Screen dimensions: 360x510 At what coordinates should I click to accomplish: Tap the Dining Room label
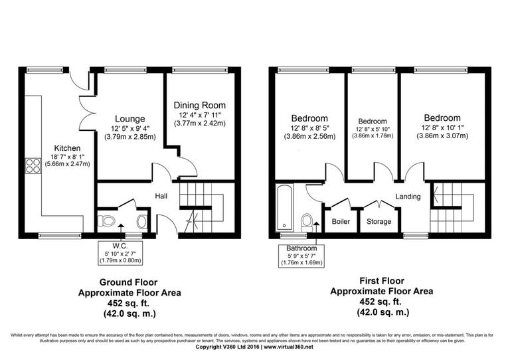coord(200,105)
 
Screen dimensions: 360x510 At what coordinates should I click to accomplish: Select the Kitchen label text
coord(67,148)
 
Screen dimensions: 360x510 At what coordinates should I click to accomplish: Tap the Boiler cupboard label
coord(340,221)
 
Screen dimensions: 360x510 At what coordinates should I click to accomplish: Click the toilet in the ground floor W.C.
coord(106,221)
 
